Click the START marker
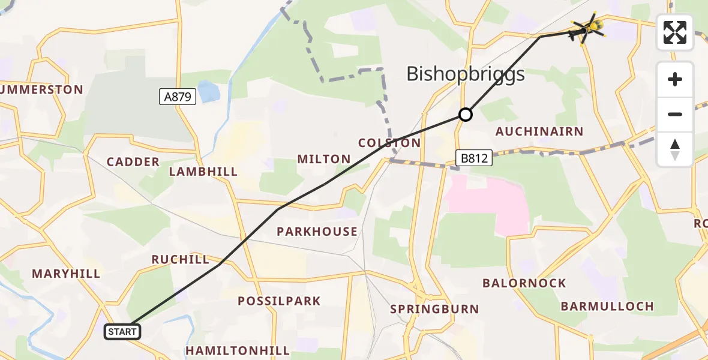click(122, 331)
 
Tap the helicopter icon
click(589, 28)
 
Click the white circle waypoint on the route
click(465, 114)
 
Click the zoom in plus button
click(675, 79)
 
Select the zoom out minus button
click(675, 114)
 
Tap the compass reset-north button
click(675, 149)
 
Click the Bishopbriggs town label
click(466, 74)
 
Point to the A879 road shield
click(178, 96)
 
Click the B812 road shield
click(474, 158)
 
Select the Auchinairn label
click(539, 131)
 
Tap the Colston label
click(389, 143)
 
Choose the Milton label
click(324, 159)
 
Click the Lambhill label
click(203, 172)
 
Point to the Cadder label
click(133, 162)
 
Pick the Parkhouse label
click(317, 232)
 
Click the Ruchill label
click(181, 260)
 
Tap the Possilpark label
click(280, 301)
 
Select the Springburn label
click(434, 310)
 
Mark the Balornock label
click(524, 283)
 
